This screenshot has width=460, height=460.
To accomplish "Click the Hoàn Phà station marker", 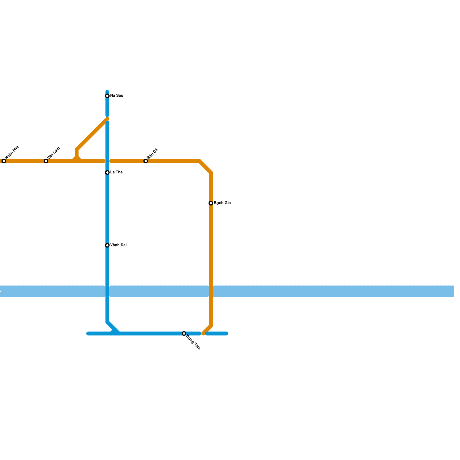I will tap(4, 161).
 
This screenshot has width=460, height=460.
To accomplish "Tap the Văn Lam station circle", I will tap(46, 161).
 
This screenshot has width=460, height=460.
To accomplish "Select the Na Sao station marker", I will tap(107, 96).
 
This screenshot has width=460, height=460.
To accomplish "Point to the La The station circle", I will tap(107, 172).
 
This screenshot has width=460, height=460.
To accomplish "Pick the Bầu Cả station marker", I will tap(146, 161).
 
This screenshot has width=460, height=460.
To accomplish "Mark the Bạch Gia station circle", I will tap(211, 203).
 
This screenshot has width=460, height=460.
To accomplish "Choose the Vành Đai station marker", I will tap(107, 245).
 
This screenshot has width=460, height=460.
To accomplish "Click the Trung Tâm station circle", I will tap(184, 333).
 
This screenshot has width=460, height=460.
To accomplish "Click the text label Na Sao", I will tap(117, 96).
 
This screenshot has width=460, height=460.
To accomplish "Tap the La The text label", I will tap(116, 172).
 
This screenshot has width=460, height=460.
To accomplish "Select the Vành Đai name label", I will tap(118, 245).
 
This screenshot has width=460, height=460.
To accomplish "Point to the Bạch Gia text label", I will tap(222, 203).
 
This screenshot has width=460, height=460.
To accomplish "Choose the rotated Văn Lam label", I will tap(54, 153).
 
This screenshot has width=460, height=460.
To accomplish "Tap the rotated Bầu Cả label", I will tap(153, 154).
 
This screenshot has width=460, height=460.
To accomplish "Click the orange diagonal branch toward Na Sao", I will tap(92, 134).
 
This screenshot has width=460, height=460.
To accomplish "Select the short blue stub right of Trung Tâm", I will tap(217, 333).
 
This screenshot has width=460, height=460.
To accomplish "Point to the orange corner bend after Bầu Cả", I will tap(205, 166).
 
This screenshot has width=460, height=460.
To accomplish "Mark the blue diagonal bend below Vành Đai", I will tap(113, 327).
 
